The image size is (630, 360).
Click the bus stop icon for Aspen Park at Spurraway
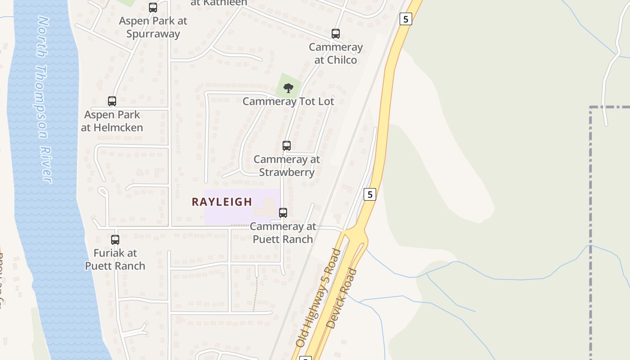tap(153, 8)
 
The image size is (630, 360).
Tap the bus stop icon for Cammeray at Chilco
tap(336, 34)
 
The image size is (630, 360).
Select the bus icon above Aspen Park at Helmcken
tap(112, 101)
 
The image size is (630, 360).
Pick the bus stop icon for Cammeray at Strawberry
tap(287, 146)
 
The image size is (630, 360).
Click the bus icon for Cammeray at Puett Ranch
tap(283, 213)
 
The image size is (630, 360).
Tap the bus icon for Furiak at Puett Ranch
tap(115, 240)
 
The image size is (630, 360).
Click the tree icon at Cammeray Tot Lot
tap(288, 88)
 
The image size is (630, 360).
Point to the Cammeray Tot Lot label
tap(288, 102)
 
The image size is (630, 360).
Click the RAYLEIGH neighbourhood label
tap(222, 202)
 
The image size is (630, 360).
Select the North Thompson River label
tap(44, 100)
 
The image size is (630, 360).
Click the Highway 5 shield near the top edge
tap(406, 19)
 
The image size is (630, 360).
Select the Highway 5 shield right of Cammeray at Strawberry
tap(369, 194)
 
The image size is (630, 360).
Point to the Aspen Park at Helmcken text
tap(112, 121)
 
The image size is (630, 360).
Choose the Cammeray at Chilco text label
tap(336, 54)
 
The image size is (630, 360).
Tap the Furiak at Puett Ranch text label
tap(115, 260)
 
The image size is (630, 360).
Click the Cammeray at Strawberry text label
tap(287, 166)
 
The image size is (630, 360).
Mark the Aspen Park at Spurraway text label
tap(153, 27)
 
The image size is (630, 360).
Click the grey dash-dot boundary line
tap(590, 225)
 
